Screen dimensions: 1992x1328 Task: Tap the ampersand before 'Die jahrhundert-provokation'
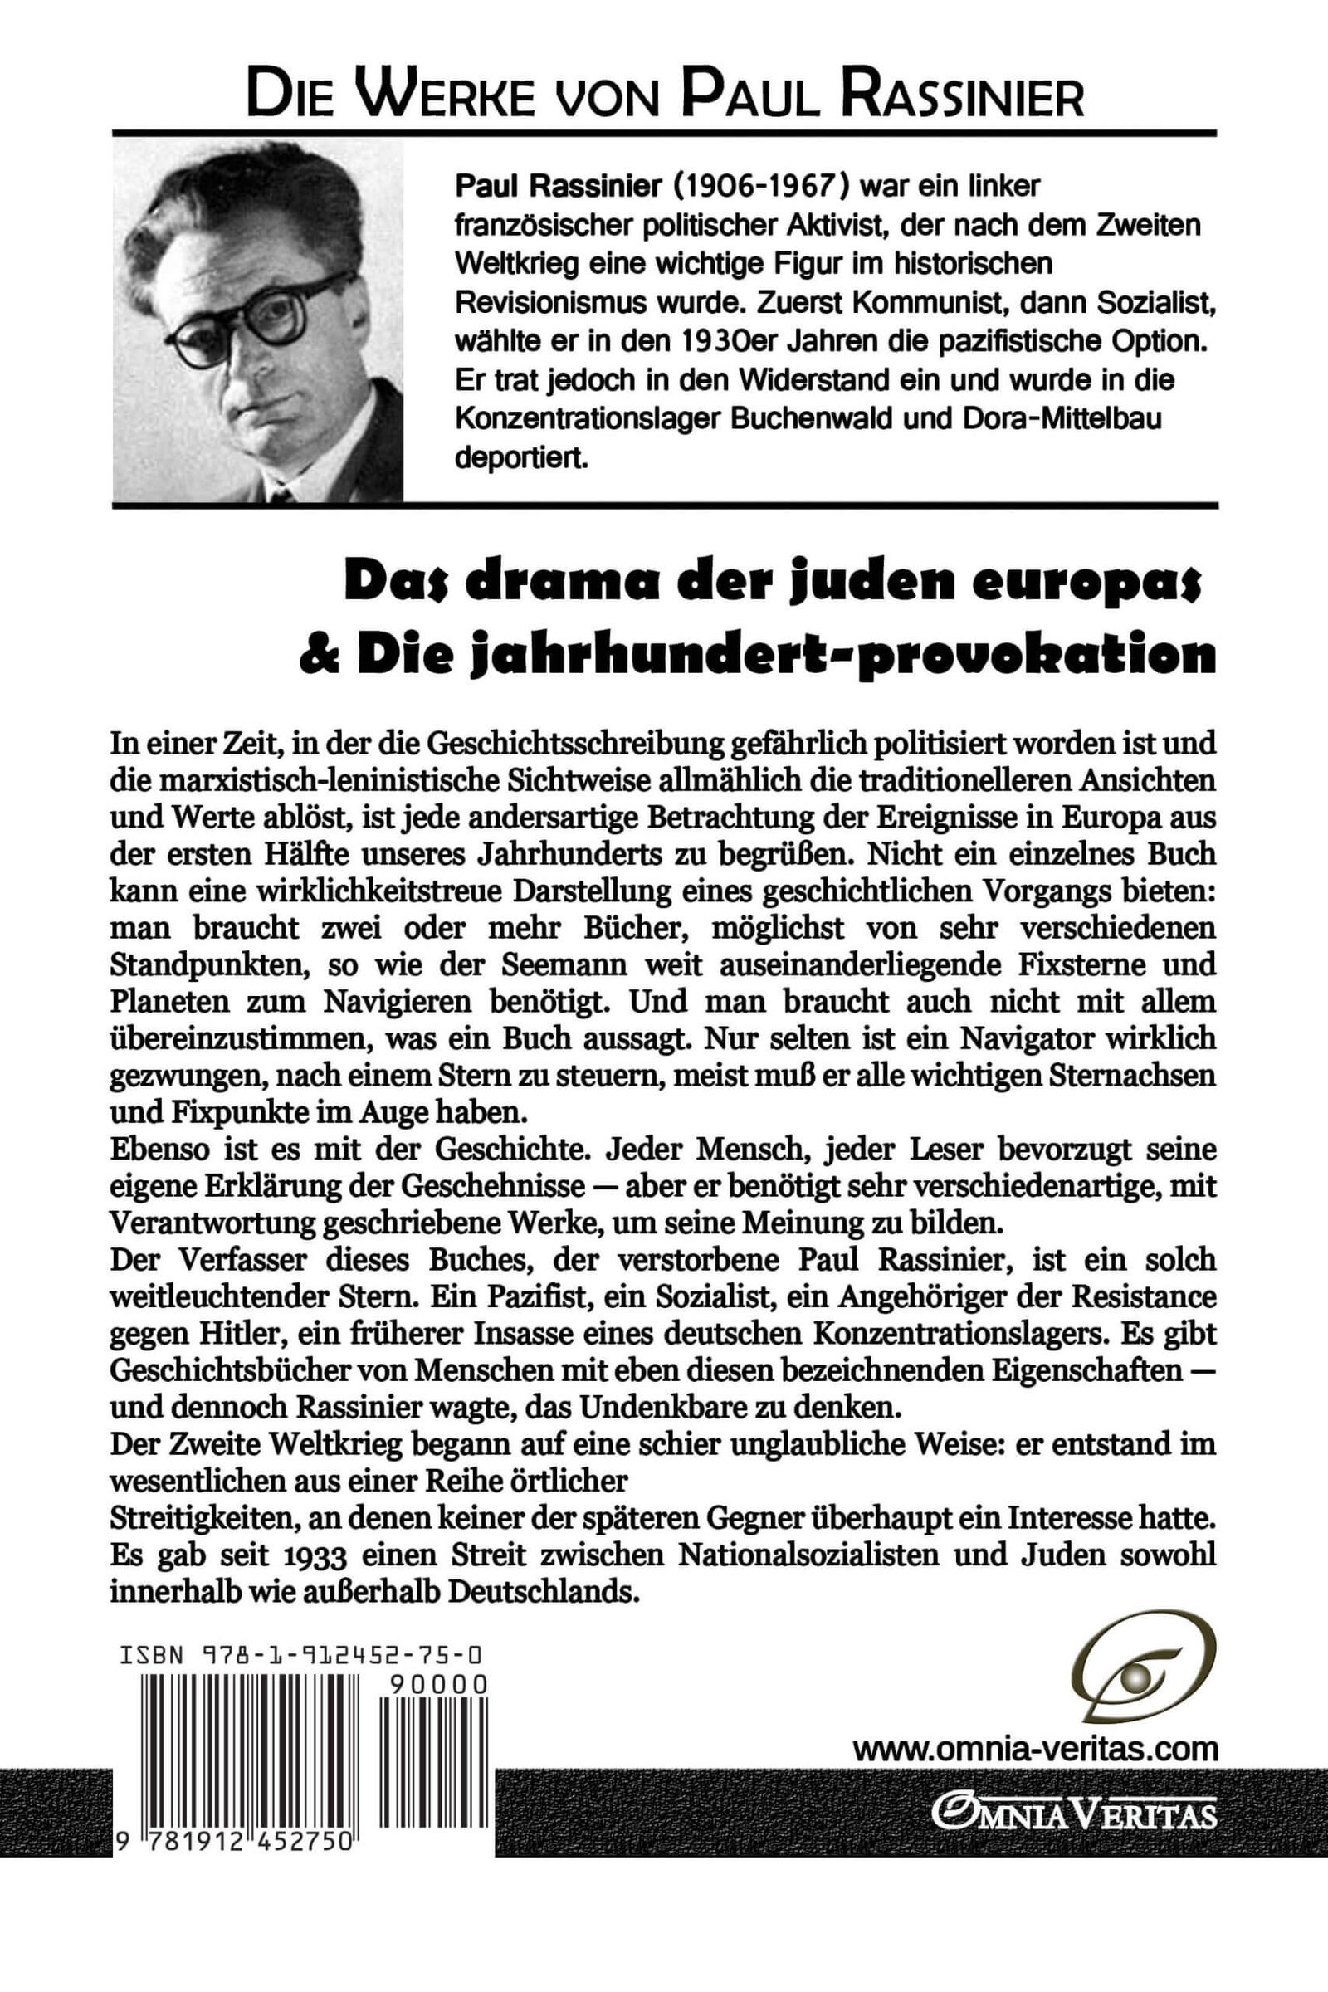pos(318,657)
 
